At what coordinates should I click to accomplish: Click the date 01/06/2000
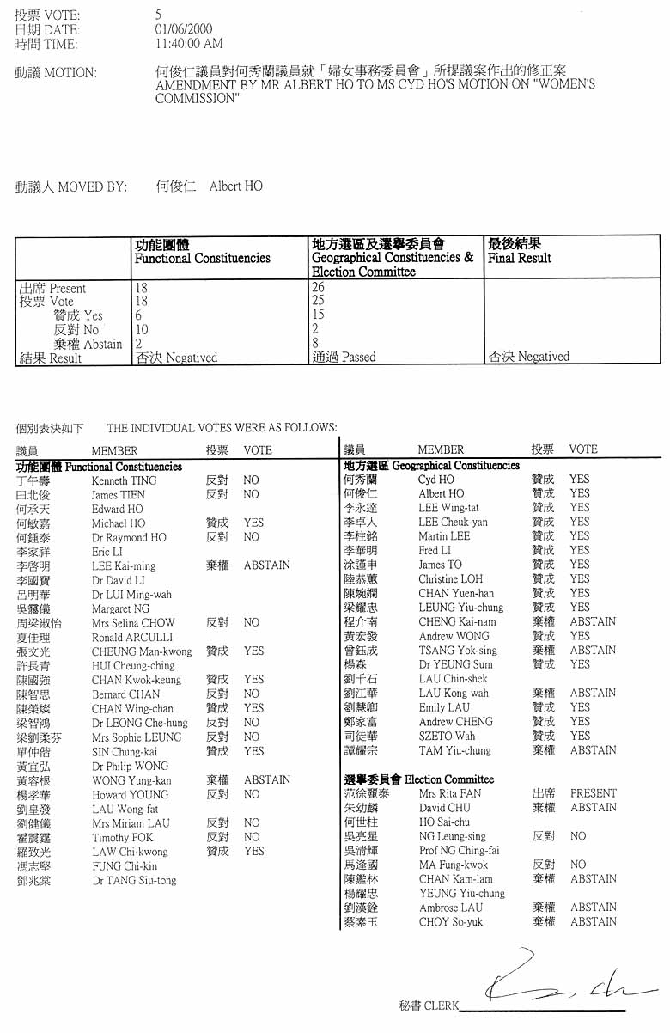[x=184, y=29]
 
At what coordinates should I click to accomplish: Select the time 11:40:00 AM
[x=189, y=43]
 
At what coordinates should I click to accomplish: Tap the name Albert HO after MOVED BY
[x=236, y=186]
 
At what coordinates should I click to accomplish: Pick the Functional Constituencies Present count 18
[x=142, y=289]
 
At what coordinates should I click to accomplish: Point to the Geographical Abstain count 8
[x=316, y=343]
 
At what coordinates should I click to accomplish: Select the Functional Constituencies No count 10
[x=143, y=329]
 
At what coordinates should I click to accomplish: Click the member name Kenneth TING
[x=124, y=481]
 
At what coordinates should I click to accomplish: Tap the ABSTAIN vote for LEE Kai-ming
[x=266, y=565]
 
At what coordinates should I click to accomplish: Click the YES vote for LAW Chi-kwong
[x=253, y=851]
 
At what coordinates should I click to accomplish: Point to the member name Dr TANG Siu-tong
[x=133, y=880]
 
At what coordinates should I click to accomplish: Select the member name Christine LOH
[x=450, y=579]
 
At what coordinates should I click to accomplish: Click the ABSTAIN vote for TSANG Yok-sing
[x=592, y=651]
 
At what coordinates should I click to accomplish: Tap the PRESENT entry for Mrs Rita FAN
[x=593, y=793]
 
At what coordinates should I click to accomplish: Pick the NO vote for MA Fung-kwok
[x=577, y=865]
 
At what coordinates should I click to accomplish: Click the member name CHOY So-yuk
[x=450, y=922]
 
